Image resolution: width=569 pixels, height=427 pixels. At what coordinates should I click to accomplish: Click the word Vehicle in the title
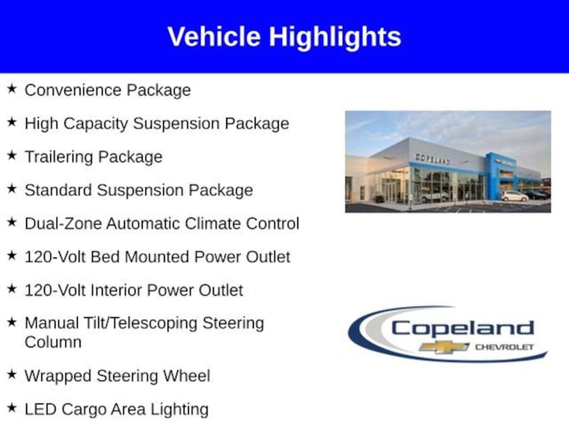(214, 36)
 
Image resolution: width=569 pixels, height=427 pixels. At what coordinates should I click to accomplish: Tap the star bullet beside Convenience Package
(12, 88)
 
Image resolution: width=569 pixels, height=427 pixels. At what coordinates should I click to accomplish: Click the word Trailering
(59, 157)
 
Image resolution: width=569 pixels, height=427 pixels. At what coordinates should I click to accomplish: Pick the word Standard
(58, 190)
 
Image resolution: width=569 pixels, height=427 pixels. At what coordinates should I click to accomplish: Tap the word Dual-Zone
(63, 224)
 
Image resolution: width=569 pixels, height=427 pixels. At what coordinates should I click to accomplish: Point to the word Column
(53, 342)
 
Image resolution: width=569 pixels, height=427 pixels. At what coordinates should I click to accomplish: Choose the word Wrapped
(58, 376)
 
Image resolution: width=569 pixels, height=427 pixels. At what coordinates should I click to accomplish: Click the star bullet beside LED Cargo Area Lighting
(12, 408)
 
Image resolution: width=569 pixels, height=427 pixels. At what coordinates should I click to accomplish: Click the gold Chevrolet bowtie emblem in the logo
(444, 347)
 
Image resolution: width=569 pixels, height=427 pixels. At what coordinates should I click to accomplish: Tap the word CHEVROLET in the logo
(505, 347)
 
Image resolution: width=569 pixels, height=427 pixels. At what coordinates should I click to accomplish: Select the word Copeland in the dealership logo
(463, 329)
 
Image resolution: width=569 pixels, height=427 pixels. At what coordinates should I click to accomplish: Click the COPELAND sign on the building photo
(432, 159)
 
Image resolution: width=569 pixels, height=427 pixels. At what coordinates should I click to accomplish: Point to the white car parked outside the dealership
(515, 196)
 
